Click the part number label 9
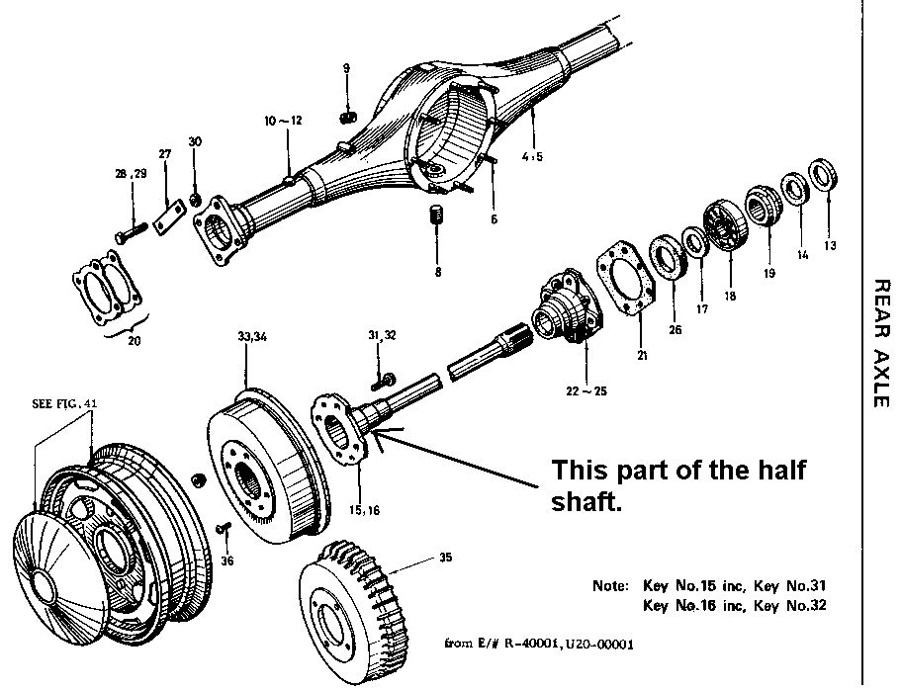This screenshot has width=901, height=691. pyautogui.click(x=347, y=68)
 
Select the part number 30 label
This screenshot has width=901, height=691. pyautogui.click(x=195, y=141)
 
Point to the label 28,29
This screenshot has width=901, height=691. pyautogui.click(x=130, y=173)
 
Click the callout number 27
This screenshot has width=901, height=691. pyautogui.click(x=165, y=154)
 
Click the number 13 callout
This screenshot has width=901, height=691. pyautogui.click(x=829, y=245)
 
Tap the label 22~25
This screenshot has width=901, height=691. pyautogui.click(x=587, y=391)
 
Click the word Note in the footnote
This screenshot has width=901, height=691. pyautogui.click(x=610, y=584)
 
